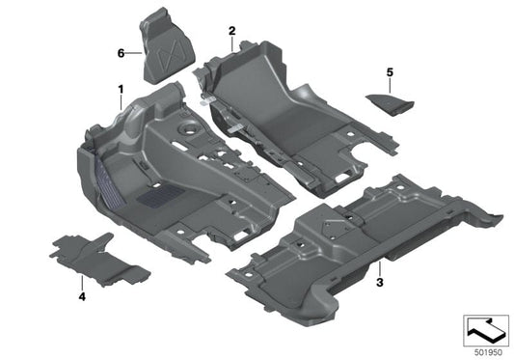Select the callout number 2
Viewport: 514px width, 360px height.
click(x=231, y=31)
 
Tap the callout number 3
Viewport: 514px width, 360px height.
click(x=380, y=282)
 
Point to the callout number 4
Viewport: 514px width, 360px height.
click(x=81, y=296)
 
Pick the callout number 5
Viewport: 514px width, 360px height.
click(x=390, y=71)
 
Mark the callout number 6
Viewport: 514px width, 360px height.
click(x=122, y=53)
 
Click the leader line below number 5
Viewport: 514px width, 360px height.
click(x=390, y=83)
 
